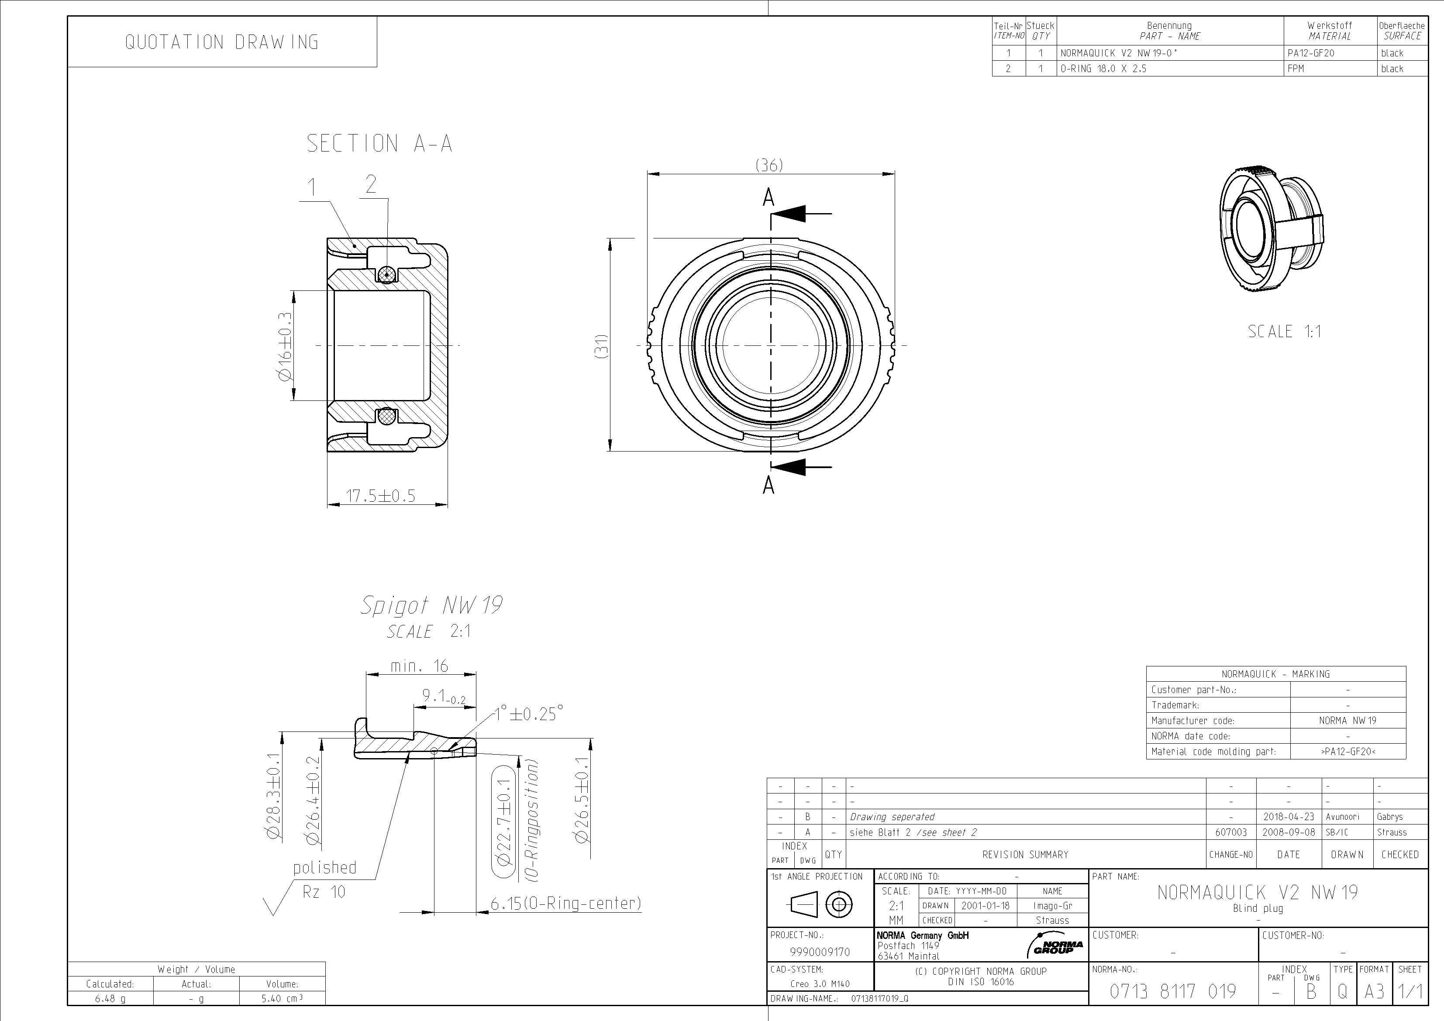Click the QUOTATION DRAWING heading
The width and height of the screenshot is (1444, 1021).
[x=221, y=42]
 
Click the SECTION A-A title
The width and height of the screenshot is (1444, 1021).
[x=379, y=143]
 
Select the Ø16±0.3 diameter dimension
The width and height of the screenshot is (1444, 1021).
[x=285, y=345]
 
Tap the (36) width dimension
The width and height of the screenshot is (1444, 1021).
[x=769, y=165]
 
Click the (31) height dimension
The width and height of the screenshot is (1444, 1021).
[x=601, y=346]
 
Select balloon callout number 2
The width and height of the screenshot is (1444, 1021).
[x=371, y=184]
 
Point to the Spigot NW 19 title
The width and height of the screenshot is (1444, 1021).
[x=431, y=605]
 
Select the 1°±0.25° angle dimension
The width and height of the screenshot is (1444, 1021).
[x=528, y=714]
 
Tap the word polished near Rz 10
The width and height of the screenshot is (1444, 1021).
[x=324, y=868]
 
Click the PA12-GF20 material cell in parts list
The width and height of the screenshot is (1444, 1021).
[x=1311, y=53]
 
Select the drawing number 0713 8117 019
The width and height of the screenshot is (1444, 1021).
[x=1172, y=991]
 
